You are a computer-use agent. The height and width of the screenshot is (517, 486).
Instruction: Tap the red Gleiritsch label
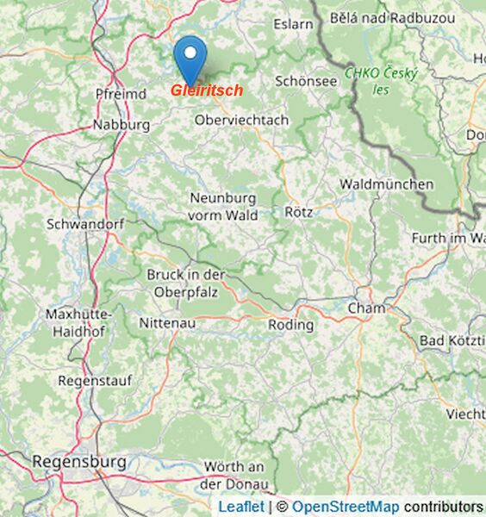click(207, 90)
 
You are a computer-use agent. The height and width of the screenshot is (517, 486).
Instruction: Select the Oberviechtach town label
click(242, 121)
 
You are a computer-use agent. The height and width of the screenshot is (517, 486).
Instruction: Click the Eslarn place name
click(293, 24)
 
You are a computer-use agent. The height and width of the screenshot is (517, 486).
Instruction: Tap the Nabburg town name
click(121, 125)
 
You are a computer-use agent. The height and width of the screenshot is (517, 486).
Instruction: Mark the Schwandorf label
click(85, 223)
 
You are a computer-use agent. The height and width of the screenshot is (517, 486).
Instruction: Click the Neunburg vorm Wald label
click(224, 207)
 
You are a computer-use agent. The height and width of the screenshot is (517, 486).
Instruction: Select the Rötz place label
click(298, 211)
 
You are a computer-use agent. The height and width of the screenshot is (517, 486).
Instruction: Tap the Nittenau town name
click(167, 323)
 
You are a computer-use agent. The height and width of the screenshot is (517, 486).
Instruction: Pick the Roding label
click(291, 325)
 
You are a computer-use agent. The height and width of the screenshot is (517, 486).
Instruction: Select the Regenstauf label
click(87, 380)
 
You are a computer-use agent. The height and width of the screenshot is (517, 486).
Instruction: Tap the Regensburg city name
click(79, 462)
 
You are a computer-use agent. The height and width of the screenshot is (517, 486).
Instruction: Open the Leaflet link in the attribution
click(241, 507)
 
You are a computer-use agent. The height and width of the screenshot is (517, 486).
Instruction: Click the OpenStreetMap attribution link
click(345, 507)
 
